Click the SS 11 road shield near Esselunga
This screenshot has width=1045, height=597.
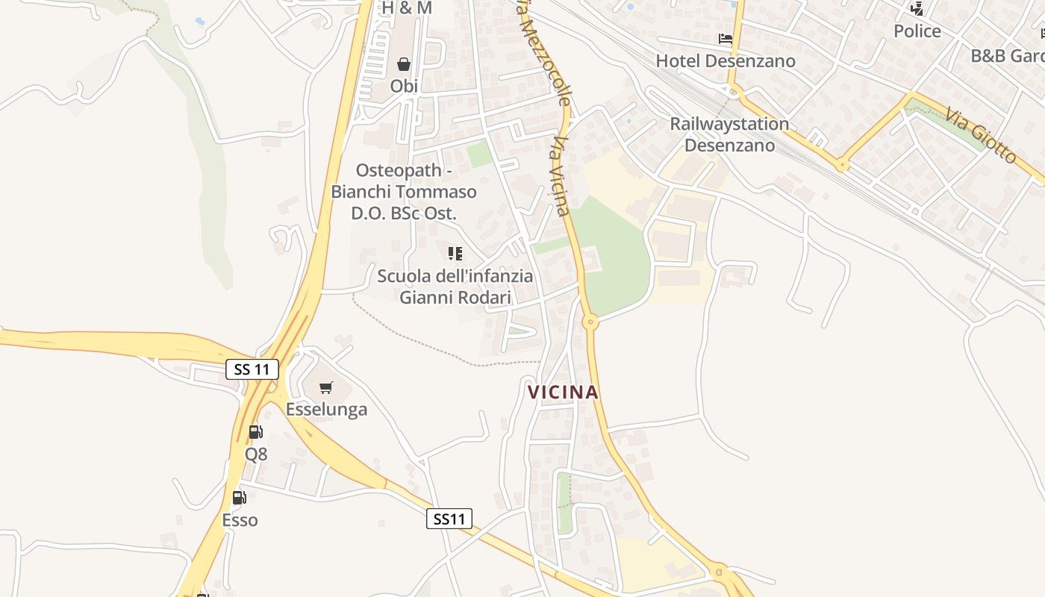(x=252, y=369)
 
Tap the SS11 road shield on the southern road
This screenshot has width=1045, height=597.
(x=449, y=519)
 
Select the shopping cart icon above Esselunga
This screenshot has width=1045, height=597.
(x=325, y=388)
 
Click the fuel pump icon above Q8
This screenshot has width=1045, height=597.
(x=255, y=431)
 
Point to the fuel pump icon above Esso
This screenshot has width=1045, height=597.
(x=240, y=498)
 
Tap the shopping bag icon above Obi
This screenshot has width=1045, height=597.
(x=404, y=64)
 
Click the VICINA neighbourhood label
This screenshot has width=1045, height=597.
(x=563, y=392)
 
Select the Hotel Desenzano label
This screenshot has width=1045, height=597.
(x=726, y=60)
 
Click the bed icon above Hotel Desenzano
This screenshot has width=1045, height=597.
(x=726, y=39)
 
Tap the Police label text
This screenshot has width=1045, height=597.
(x=917, y=31)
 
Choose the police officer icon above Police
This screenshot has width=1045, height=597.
(x=917, y=9)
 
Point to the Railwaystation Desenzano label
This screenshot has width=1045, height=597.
(x=729, y=134)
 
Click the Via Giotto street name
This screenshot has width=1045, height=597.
(x=980, y=136)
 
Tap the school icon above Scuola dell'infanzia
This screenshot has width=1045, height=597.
(x=455, y=254)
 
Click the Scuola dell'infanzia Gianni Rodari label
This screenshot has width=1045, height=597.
(x=455, y=287)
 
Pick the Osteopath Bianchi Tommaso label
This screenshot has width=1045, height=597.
(x=404, y=192)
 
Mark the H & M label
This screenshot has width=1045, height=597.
(x=407, y=7)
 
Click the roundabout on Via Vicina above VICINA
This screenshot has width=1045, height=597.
(x=590, y=323)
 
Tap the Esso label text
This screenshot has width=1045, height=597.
(x=240, y=520)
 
